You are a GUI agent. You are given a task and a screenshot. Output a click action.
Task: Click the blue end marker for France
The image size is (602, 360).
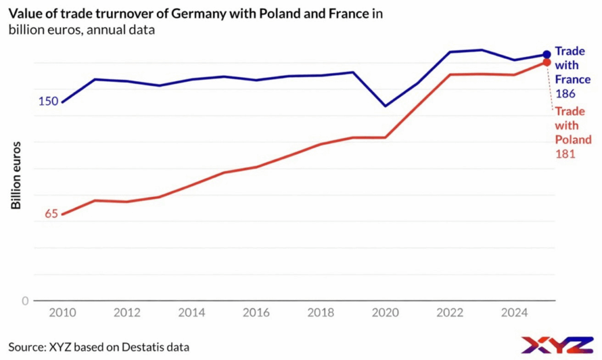547,55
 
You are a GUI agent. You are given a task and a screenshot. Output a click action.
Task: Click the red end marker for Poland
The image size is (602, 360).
547,62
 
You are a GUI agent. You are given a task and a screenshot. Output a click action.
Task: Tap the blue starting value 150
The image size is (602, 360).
48,101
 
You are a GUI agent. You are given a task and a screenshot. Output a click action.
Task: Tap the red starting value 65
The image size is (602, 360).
52,214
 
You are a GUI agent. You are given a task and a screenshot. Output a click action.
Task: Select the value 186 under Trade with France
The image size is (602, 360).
564,94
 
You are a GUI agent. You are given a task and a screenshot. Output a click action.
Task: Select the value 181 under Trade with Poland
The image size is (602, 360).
564,154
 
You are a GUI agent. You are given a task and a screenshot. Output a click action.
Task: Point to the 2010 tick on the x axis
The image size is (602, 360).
62,313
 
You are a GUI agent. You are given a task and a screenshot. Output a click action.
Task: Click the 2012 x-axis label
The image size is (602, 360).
128,313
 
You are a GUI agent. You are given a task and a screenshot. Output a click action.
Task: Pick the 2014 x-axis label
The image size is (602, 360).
192,313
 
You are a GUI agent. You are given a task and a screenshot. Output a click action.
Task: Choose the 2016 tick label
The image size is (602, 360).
256,313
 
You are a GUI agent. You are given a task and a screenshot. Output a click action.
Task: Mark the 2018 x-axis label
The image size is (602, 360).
320,313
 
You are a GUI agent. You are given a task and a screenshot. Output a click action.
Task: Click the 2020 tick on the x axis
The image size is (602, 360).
385,313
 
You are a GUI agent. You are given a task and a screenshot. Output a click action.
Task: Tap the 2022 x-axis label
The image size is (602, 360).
450,313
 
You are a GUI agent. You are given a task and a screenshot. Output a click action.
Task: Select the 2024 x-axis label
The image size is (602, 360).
514,313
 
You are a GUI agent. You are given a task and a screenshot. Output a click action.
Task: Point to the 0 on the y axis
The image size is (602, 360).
25,301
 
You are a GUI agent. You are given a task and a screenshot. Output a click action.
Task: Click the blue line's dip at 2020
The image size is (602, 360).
385,106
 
